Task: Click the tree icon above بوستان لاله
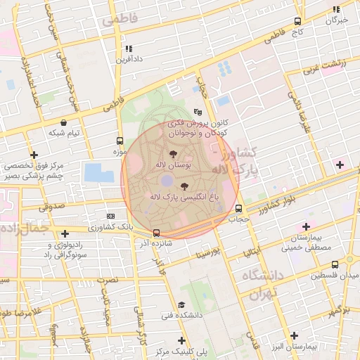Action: coord(172,153)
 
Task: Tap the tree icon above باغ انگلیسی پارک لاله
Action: coord(185,186)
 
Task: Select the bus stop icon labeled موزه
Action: coord(120,141)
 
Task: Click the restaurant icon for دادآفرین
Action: coord(128,49)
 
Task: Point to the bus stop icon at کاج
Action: coord(298,22)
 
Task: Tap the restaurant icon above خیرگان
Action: coord(336,10)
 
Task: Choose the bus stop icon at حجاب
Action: coord(239,208)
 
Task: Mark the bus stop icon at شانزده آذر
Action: coord(156,233)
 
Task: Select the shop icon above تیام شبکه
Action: coord(64,122)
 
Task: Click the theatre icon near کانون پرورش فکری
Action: coord(198,111)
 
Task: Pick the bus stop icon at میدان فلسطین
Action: coord(335,264)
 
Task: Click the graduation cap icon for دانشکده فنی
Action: coord(181,304)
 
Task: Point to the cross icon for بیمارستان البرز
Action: coord(294,336)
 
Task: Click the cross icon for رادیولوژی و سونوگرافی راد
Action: coord(65,233)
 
